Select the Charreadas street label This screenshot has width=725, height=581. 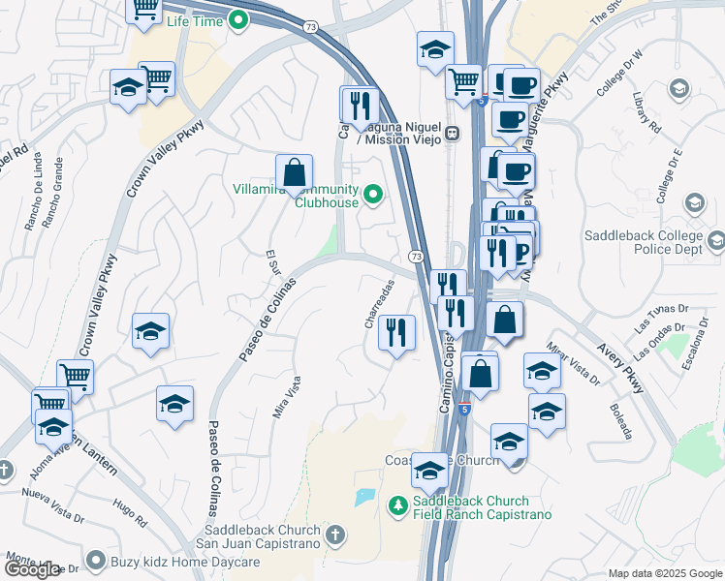[x=381, y=304]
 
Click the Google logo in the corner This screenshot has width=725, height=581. [x=32, y=569]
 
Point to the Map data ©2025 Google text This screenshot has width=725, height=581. [x=664, y=573]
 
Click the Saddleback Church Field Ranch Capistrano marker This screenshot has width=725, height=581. [x=396, y=506]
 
